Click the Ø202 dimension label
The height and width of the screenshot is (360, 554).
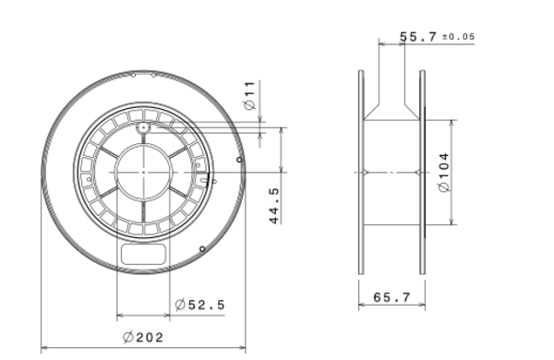click(143, 338)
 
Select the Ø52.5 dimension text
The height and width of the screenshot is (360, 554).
click(199, 305)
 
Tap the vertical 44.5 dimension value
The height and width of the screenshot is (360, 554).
click(274, 206)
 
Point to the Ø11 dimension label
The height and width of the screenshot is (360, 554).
click(249, 95)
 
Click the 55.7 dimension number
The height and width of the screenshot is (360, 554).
click(418, 37)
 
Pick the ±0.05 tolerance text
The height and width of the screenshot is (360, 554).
click(459, 37)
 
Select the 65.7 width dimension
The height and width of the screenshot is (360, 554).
click(392, 297)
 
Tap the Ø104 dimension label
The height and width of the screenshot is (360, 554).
click(444, 173)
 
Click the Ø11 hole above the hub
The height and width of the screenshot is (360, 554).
click(143, 127)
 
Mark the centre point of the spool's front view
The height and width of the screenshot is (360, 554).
click(143, 173)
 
